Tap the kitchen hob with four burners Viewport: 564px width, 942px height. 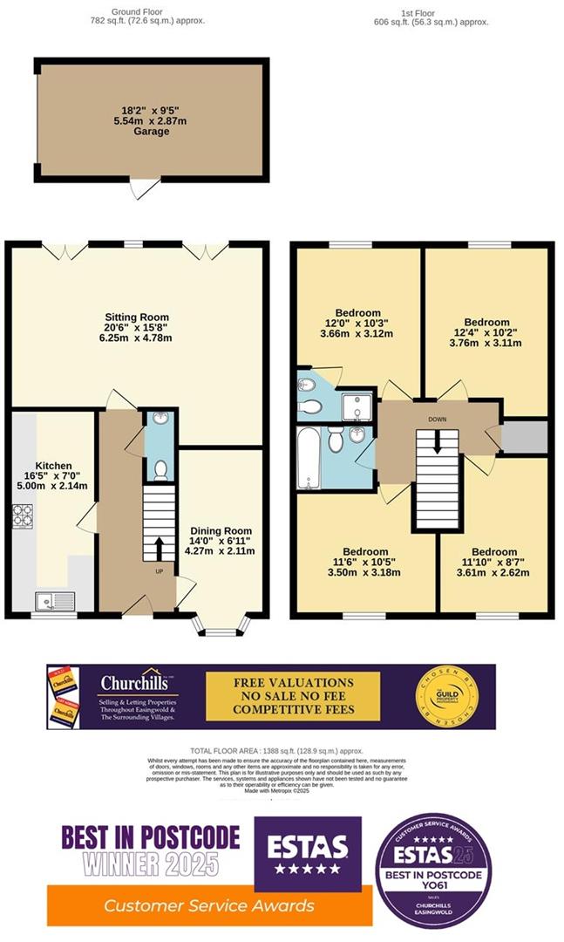(x=23, y=516)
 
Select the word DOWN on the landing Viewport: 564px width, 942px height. (x=438, y=419)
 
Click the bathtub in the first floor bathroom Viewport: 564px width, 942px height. (x=309, y=459)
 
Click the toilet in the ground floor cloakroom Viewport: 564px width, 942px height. (x=160, y=471)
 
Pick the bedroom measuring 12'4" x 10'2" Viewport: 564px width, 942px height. (x=486, y=332)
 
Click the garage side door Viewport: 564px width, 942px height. (x=143, y=187)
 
